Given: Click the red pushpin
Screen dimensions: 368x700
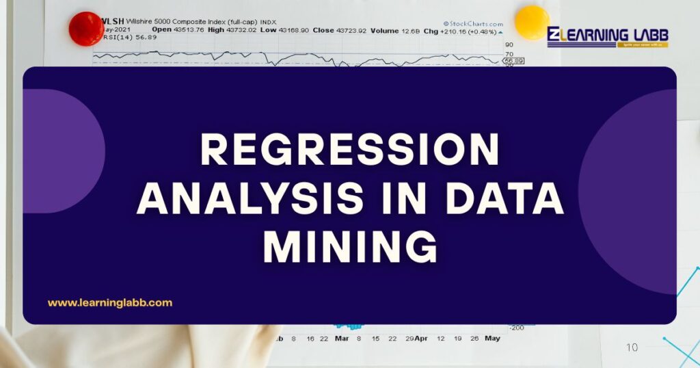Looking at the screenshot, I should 86,29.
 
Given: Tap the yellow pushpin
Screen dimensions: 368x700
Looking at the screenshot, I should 531,22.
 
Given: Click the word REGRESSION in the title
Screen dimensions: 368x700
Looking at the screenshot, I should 349,150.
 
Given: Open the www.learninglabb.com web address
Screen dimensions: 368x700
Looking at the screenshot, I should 109,302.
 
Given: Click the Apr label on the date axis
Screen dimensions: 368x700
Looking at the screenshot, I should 421,339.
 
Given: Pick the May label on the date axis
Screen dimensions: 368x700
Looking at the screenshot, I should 492,339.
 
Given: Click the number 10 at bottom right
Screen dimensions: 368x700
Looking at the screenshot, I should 632,347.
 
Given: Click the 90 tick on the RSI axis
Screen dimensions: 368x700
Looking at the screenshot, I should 509,44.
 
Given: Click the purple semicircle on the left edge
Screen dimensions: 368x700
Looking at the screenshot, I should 65,150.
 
